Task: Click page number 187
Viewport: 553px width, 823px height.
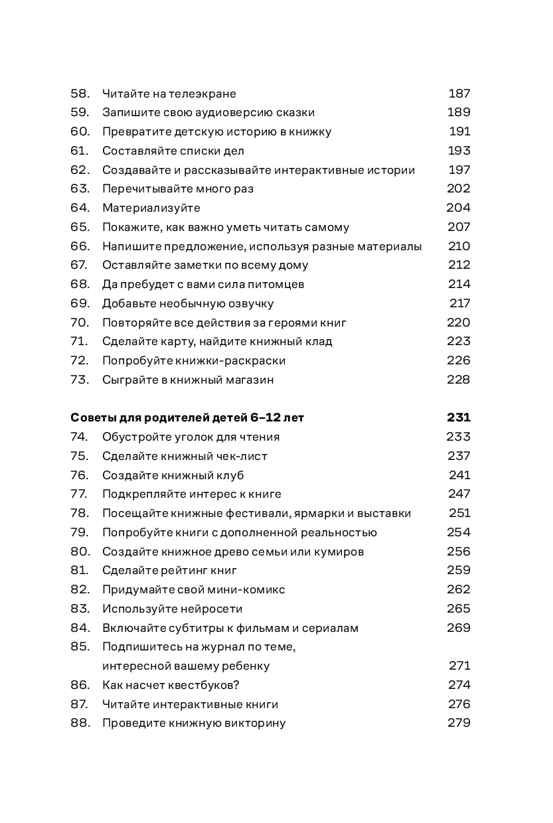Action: click(459, 94)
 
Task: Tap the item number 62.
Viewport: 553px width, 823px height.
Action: click(80, 170)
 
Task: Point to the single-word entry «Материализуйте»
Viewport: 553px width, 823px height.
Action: click(151, 208)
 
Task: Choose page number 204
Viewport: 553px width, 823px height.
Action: click(458, 208)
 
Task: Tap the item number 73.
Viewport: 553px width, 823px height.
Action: click(80, 380)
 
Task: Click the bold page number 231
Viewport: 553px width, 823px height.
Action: click(459, 418)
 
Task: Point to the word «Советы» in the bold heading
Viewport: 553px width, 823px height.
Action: click(93, 418)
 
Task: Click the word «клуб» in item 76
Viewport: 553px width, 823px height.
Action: click(229, 476)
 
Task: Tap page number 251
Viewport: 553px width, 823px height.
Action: click(459, 513)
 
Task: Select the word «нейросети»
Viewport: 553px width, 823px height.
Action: click(211, 609)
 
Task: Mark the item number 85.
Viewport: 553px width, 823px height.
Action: click(80, 647)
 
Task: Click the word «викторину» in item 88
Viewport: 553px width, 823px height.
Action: click(255, 723)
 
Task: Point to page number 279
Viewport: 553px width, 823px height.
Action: click(459, 723)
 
